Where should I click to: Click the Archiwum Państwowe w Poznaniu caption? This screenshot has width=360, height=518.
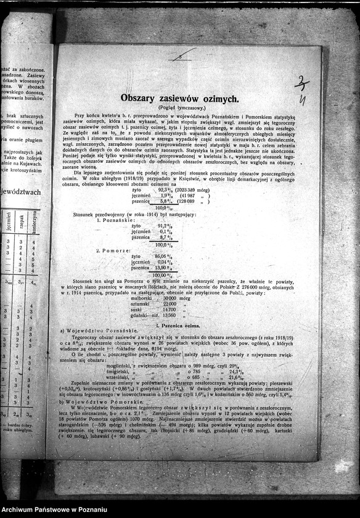(55, 510)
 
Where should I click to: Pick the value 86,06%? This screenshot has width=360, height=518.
(162, 256)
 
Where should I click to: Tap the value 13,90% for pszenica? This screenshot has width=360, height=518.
(162, 268)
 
